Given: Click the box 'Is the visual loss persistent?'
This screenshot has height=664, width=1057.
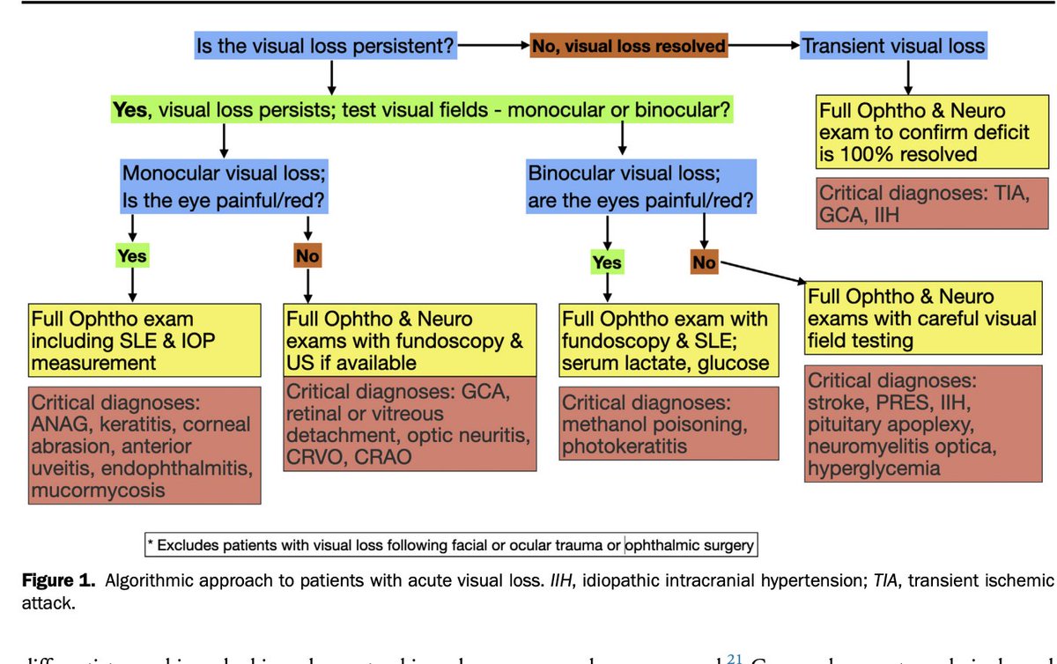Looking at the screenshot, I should click(x=327, y=46).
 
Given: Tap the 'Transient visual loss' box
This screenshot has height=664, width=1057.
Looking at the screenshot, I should click(x=892, y=46).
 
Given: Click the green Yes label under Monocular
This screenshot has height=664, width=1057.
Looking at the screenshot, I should click(x=132, y=256).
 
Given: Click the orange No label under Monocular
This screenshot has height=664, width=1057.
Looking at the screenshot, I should click(x=307, y=256).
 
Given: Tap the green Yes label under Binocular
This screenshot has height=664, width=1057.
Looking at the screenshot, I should click(x=606, y=262).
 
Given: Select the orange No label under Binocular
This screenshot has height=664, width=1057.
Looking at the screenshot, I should click(x=705, y=262).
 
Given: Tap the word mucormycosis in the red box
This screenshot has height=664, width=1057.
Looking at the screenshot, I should click(x=98, y=491).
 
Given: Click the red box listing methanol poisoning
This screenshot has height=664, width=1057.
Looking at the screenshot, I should click(x=669, y=424).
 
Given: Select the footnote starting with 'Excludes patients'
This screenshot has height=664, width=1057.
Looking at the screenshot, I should click(x=451, y=545).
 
